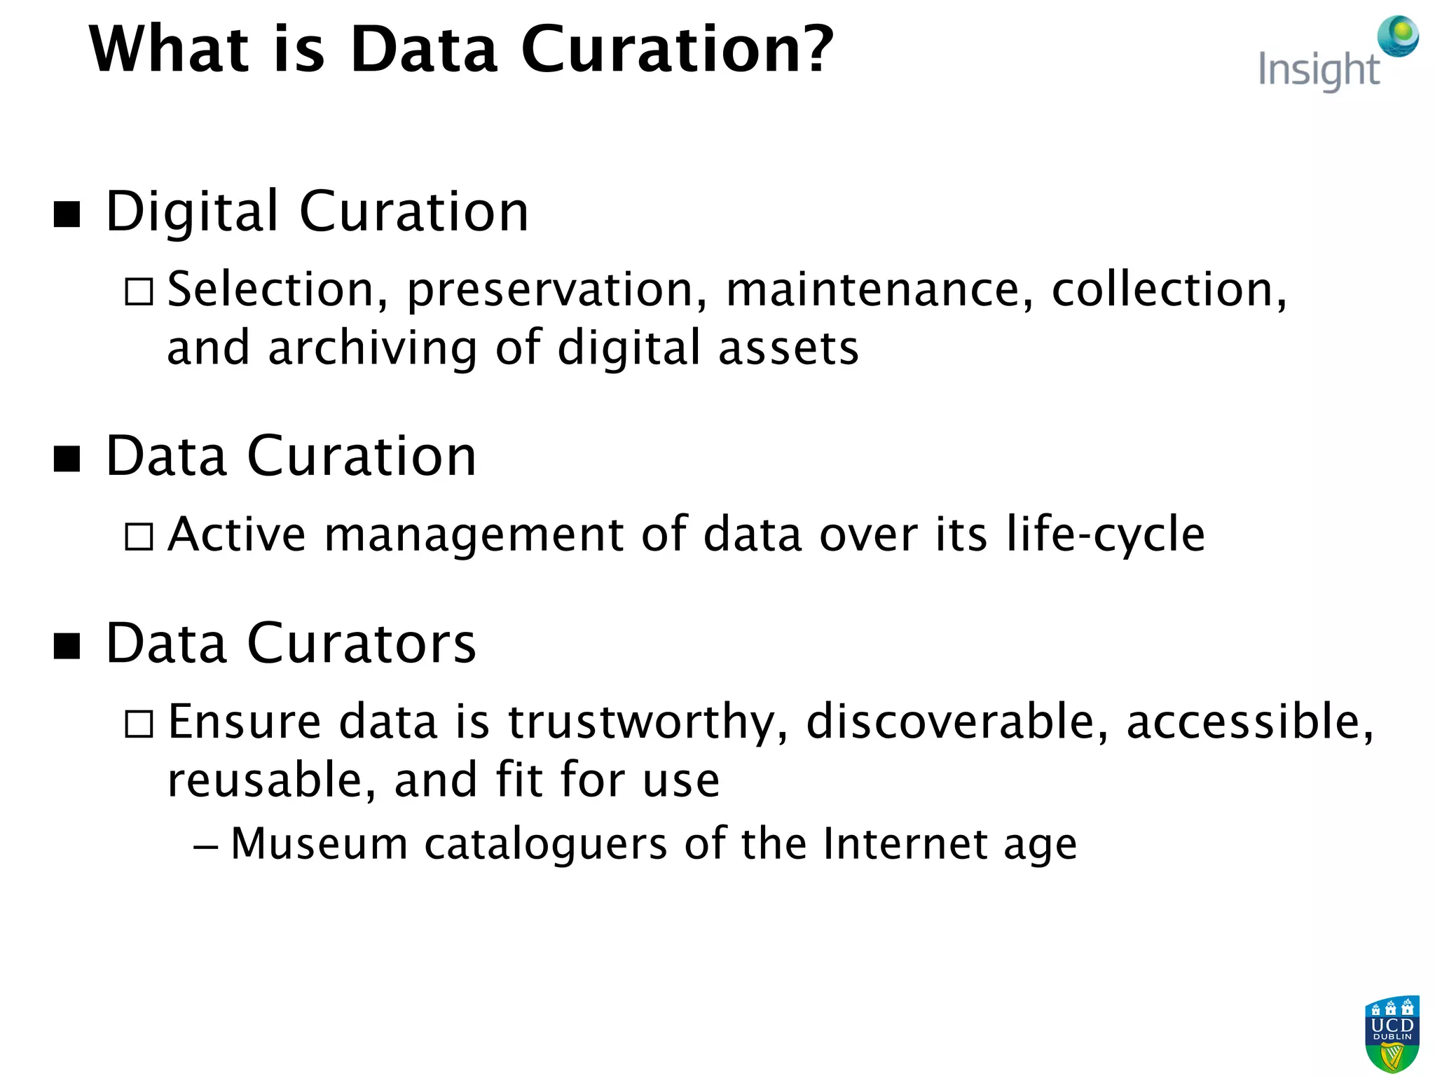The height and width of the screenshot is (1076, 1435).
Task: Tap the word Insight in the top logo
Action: tap(1318, 71)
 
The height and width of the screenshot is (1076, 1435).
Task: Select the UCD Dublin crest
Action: tap(1392, 1034)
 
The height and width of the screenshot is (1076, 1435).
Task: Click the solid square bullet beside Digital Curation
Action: tap(67, 214)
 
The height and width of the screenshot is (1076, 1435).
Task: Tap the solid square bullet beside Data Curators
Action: tap(67, 646)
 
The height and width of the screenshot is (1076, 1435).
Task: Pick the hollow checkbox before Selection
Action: tap(139, 291)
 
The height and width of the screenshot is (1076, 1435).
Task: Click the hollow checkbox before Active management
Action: tap(139, 537)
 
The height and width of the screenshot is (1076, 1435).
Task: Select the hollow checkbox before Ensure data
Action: tap(139, 724)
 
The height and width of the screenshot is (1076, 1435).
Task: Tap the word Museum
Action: tap(319, 843)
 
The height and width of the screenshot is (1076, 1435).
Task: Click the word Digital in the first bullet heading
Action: tap(192, 212)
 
